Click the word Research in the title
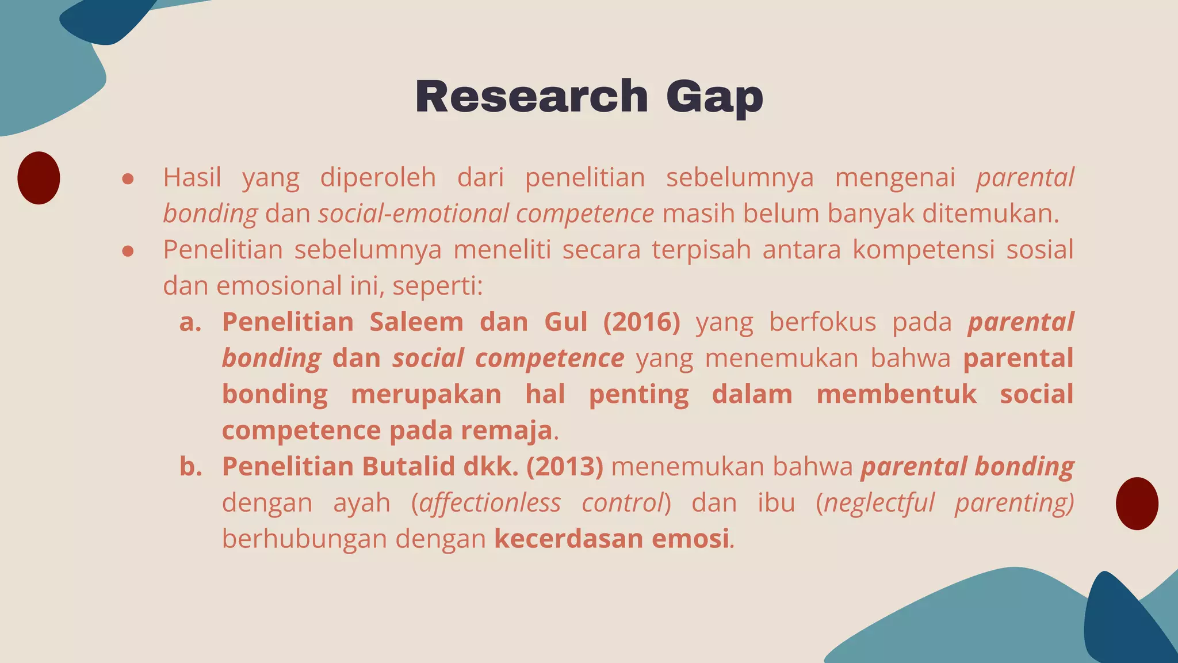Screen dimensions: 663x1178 531,96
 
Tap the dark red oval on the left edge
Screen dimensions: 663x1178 39,178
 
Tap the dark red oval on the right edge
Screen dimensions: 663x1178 1137,504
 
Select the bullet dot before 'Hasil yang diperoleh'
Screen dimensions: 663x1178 128,179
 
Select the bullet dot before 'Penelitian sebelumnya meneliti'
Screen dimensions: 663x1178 128,251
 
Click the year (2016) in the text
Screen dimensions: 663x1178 641,322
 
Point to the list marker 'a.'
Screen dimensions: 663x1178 190,322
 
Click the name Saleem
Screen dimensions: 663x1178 416,322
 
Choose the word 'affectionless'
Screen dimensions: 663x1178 490,502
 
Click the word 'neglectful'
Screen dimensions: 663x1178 879,502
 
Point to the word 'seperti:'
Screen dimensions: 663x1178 437,286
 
